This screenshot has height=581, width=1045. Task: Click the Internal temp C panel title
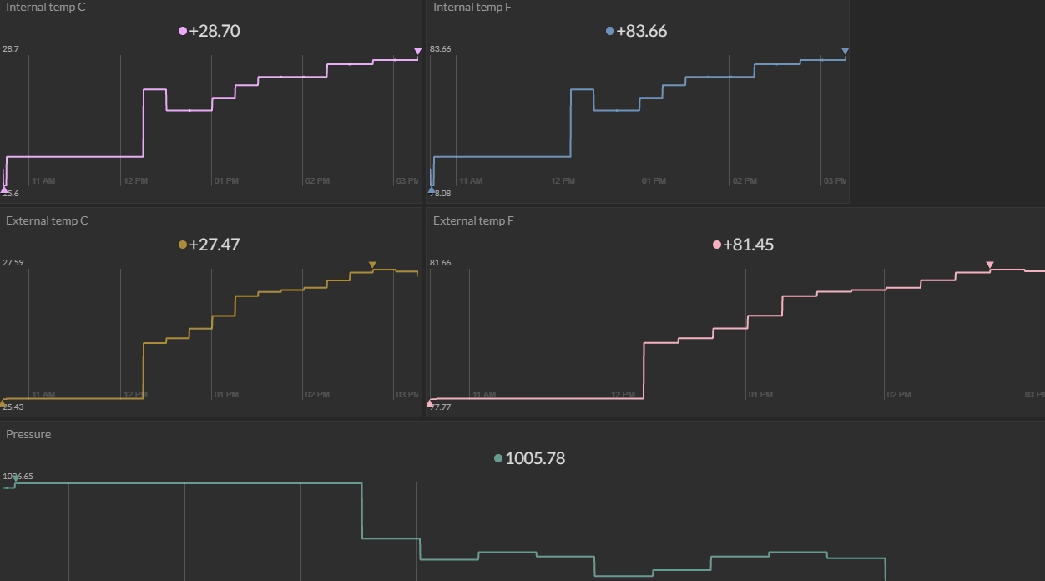click(x=46, y=8)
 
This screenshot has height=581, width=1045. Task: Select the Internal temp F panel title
click(x=472, y=8)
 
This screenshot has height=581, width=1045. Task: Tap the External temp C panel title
click(x=47, y=221)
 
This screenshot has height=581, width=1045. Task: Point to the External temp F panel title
click(x=473, y=221)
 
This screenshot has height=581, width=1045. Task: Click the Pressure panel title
click(x=28, y=435)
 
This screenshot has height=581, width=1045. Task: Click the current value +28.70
click(x=215, y=32)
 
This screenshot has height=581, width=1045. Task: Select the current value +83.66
click(x=642, y=32)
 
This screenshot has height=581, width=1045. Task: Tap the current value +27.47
click(x=215, y=245)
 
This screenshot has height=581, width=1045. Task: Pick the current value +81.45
click(x=749, y=245)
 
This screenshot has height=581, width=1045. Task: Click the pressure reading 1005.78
click(x=535, y=459)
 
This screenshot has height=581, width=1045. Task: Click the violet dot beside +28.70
click(x=183, y=32)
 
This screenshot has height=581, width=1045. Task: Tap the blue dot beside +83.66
click(x=610, y=32)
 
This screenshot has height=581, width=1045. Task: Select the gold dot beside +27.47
click(x=183, y=245)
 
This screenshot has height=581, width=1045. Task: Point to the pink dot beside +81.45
click(x=717, y=245)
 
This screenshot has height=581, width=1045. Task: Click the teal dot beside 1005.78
click(x=498, y=459)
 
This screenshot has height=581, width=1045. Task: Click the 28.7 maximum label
click(x=11, y=49)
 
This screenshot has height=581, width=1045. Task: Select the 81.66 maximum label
click(x=440, y=263)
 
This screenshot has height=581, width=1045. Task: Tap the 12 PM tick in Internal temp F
click(x=563, y=181)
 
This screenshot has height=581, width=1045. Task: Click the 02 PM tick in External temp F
click(x=899, y=395)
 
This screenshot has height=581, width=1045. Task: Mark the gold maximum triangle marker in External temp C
click(x=372, y=265)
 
